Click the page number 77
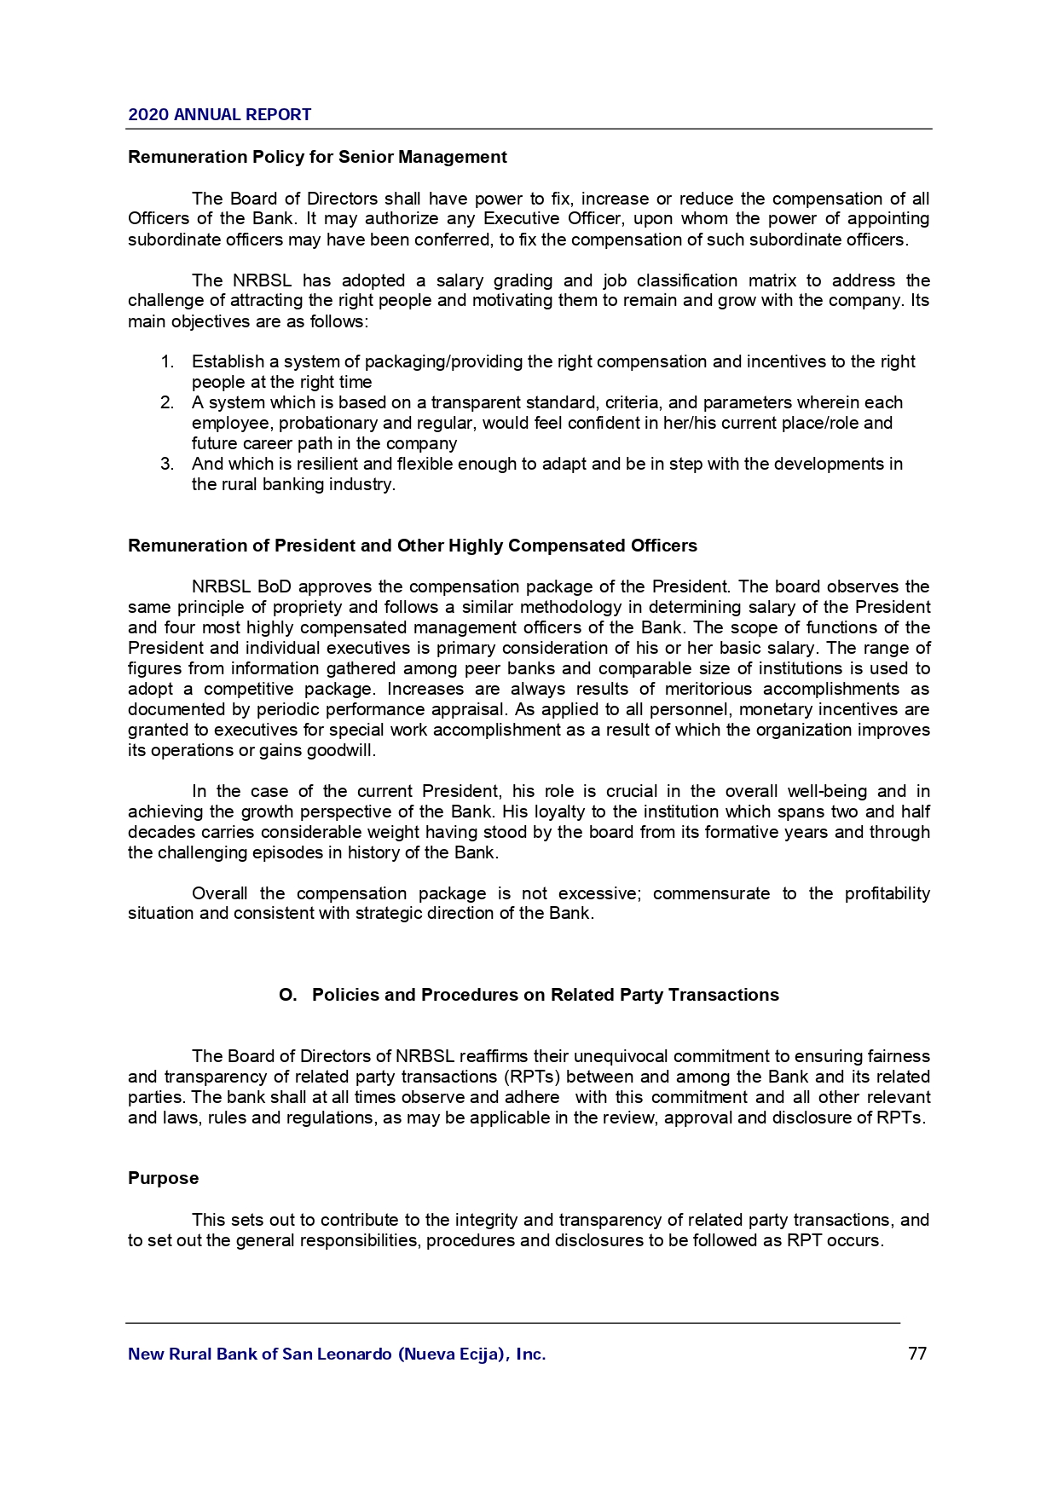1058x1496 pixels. pyautogui.click(x=917, y=1354)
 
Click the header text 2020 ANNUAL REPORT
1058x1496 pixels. pyautogui.click(x=220, y=115)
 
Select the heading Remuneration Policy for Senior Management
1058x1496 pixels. pyautogui.click(x=317, y=157)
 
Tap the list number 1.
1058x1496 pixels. pyautogui.click(x=167, y=362)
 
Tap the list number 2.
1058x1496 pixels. pyautogui.click(x=167, y=403)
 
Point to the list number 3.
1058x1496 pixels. pyautogui.click(x=167, y=465)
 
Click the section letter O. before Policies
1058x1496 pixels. pyautogui.click(x=288, y=996)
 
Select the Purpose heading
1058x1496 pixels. pyautogui.click(x=163, y=1179)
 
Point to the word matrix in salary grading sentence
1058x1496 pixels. pyautogui.click(x=772, y=281)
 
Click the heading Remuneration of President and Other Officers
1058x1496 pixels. pyautogui.click(x=412, y=546)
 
